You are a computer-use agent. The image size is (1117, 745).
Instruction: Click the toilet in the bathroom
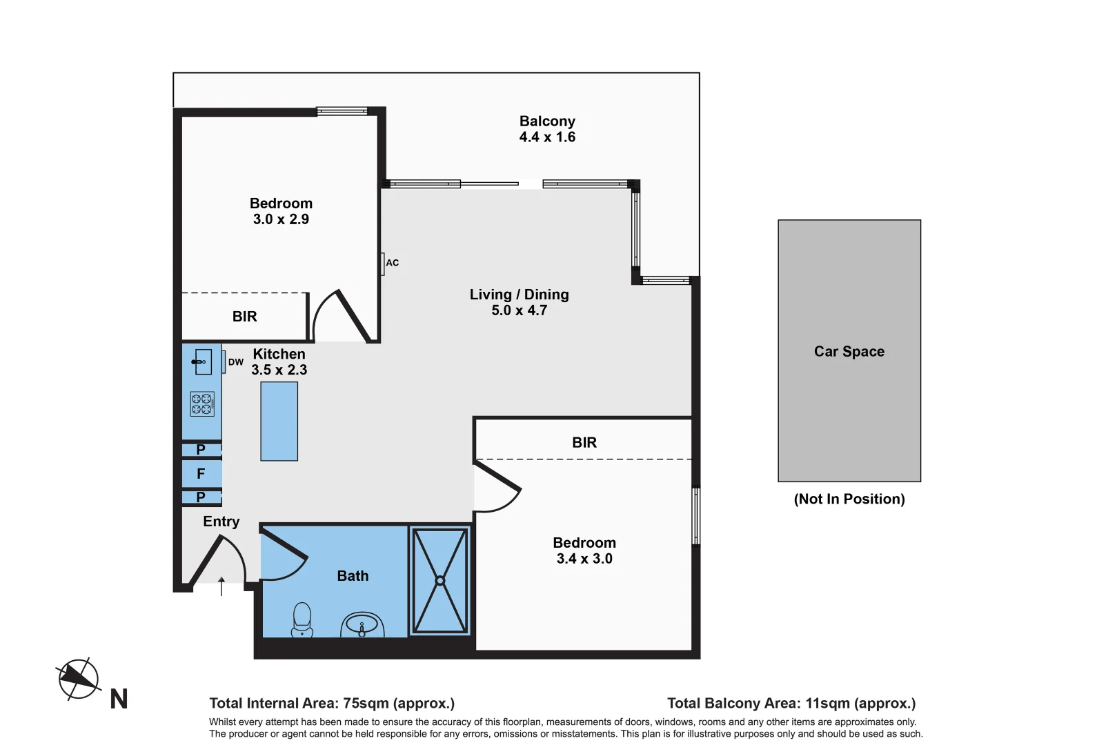[302, 620]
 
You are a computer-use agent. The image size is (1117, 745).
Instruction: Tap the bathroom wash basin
[362, 625]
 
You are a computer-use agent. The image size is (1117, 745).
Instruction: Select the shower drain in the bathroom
[439, 581]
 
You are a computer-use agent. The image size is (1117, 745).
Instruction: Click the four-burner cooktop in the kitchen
[202, 404]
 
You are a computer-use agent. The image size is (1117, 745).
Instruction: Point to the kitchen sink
[202, 361]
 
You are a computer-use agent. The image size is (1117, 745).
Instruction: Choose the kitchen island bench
[279, 421]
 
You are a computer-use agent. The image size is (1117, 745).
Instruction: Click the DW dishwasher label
[236, 363]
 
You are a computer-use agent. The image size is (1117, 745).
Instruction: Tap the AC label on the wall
[393, 263]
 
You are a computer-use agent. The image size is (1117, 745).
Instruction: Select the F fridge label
[201, 474]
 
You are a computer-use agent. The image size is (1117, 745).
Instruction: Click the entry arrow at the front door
[221, 586]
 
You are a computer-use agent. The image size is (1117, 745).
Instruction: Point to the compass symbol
[78, 679]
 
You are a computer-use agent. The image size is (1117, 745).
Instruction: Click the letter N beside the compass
[119, 699]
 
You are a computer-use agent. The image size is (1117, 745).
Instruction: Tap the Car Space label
[849, 352]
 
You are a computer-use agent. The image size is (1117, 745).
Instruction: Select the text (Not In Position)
[849, 499]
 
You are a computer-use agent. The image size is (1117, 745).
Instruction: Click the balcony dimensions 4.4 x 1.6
[547, 137]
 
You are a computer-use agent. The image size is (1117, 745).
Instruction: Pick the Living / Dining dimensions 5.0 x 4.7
[519, 310]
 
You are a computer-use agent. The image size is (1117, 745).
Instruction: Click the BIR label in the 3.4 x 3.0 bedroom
[584, 442]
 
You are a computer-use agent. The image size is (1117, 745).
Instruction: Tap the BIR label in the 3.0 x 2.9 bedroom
[244, 316]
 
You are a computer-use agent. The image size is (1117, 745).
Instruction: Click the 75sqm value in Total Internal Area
[366, 703]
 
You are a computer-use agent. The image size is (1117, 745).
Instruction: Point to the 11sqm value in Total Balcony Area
[828, 703]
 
